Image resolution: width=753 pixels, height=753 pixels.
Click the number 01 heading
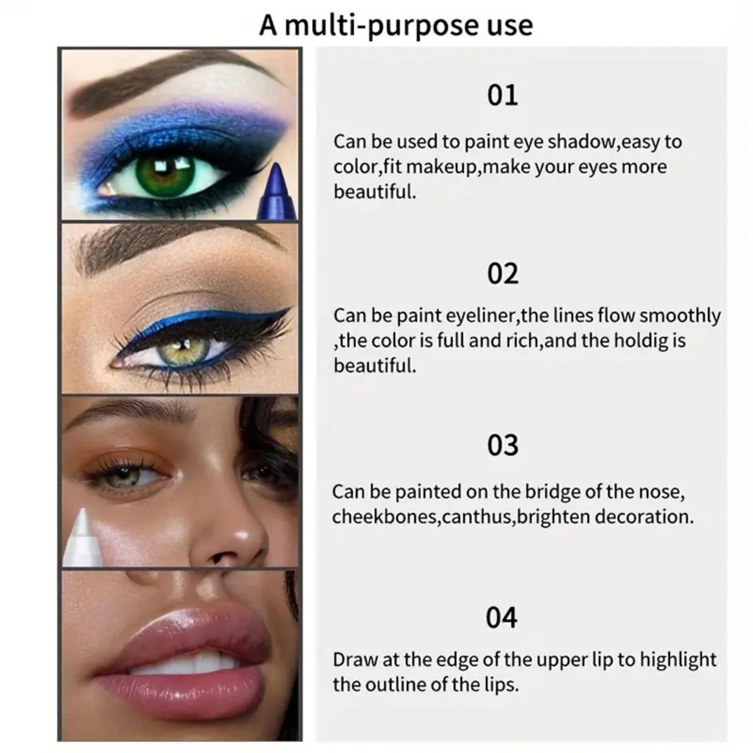[x=502, y=96]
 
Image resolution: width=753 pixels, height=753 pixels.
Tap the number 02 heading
[x=502, y=274]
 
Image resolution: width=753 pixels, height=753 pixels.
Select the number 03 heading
[x=502, y=446]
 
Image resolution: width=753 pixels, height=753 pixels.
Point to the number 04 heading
[x=501, y=618]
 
